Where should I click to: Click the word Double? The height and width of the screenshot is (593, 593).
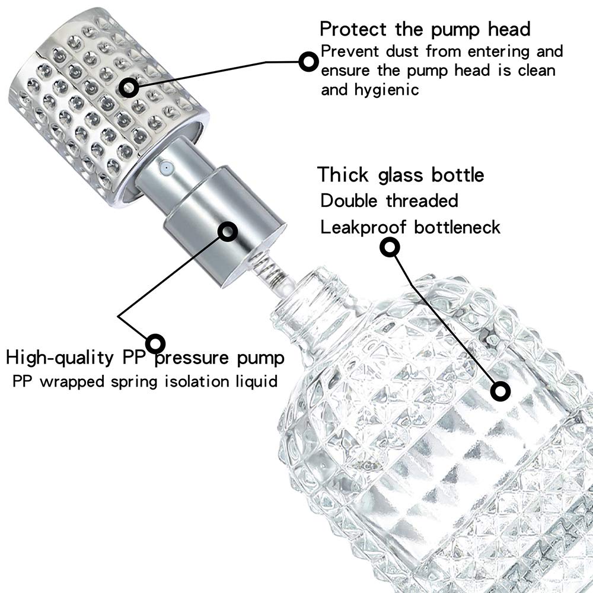pos(349,200)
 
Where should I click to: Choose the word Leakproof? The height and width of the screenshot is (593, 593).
pos(365,227)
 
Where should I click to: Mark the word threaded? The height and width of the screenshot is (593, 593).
pos(422,200)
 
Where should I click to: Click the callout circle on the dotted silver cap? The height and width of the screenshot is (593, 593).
pos(128,88)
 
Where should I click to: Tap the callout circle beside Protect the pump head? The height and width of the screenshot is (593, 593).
pos(308,61)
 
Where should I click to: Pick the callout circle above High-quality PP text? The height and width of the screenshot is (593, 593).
pos(155,342)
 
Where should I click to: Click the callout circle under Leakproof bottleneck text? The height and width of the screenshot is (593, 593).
pos(389,247)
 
